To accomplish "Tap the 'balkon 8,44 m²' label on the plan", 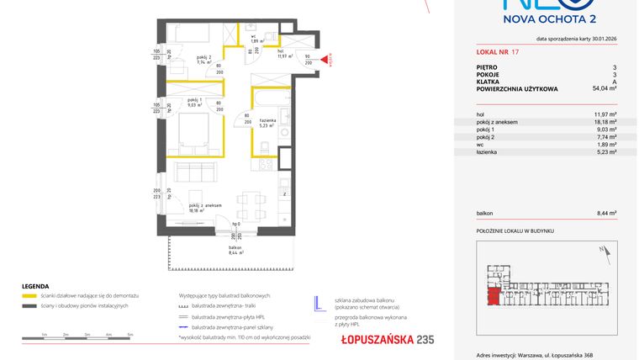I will click(x=236, y=250).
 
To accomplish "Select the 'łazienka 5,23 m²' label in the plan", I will click(x=268, y=124).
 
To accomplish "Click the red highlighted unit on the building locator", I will click(x=493, y=295).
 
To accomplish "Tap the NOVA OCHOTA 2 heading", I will click(x=549, y=24).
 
